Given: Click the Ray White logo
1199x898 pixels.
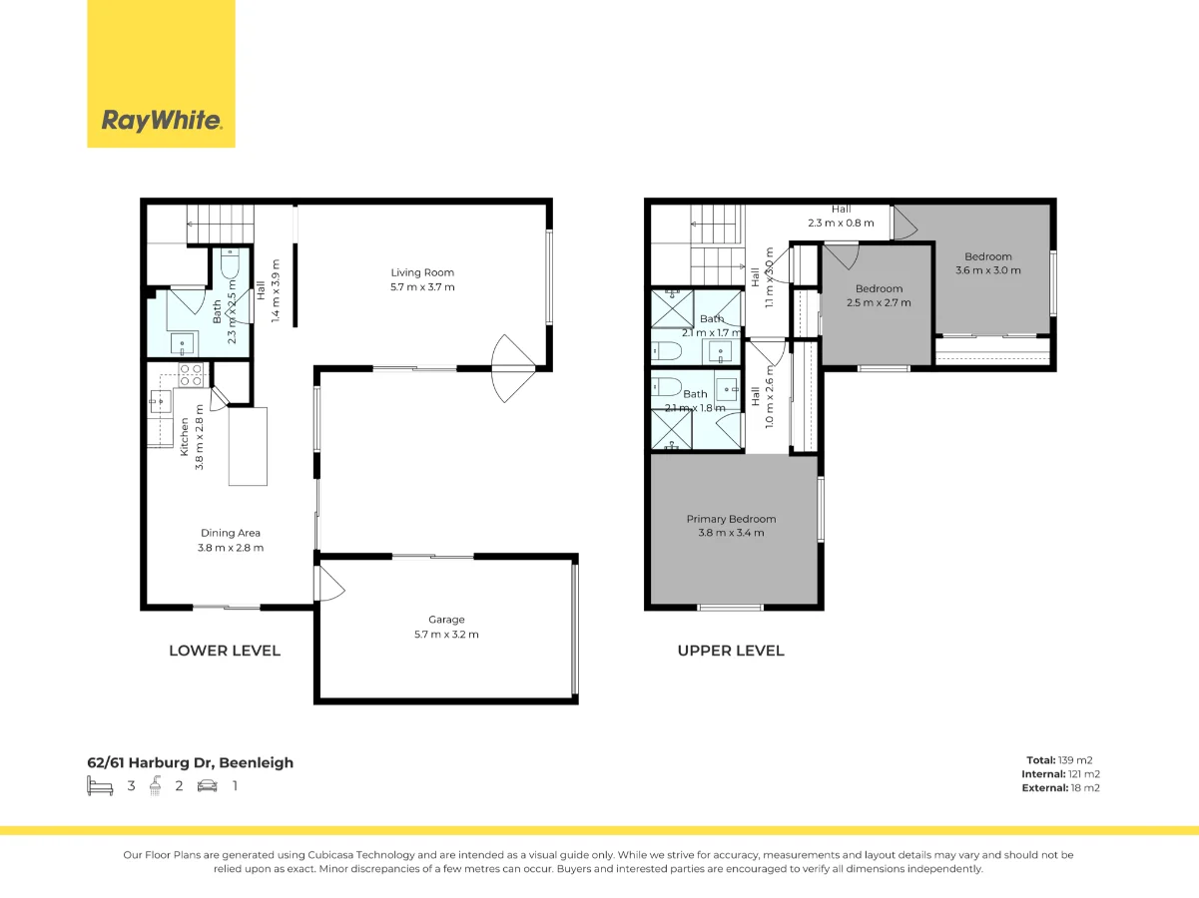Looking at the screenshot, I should click(x=161, y=121).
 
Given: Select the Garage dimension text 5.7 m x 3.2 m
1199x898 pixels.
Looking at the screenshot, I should click(x=447, y=635).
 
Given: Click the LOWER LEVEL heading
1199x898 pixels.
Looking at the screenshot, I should click(x=225, y=651).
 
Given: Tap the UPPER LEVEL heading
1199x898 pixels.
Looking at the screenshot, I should click(x=731, y=651).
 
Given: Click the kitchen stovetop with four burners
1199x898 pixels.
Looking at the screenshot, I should click(x=191, y=375).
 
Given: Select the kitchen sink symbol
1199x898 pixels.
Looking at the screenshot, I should click(x=160, y=403).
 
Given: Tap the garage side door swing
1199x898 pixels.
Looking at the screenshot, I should click(x=330, y=584).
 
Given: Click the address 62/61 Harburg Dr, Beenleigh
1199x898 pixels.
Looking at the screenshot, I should click(x=191, y=763).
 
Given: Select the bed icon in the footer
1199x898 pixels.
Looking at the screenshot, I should click(x=100, y=786).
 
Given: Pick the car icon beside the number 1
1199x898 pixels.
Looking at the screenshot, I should click(x=208, y=786).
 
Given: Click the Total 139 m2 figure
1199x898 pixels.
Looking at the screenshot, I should click(x=1064, y=760).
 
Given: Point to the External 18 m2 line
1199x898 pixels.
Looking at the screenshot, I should click(x=1061, y=788).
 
